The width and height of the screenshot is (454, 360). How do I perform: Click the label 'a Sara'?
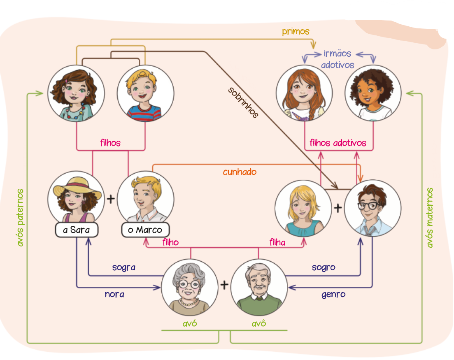(76, 230)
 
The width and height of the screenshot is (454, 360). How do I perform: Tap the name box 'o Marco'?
(145, 230)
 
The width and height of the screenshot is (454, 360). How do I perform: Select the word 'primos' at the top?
(296, 31)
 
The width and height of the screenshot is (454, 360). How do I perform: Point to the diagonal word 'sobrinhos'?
(243, 102)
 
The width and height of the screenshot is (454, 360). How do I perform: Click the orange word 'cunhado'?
(240, 172)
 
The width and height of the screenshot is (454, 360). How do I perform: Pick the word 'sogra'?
(124, 267)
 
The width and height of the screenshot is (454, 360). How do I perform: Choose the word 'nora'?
(114, 294)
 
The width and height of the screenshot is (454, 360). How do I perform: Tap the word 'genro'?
(333, 294)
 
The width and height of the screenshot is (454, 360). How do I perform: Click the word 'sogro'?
(324, 267)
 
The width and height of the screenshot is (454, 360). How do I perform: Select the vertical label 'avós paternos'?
(20, 218)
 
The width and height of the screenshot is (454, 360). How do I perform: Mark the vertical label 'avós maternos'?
(430, 218)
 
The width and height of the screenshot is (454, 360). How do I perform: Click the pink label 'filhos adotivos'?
(338, 143)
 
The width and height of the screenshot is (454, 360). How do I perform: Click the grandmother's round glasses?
(189, 284)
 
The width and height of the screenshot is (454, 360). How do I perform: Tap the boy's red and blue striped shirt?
(144, 112)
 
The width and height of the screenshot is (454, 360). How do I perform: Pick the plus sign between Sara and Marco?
(110, 199)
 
